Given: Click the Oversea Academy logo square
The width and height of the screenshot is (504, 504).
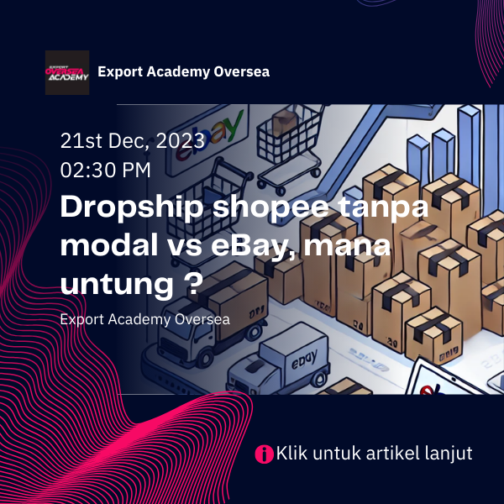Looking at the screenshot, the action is coord(67,72).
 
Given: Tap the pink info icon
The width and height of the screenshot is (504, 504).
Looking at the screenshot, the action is coord(264,454).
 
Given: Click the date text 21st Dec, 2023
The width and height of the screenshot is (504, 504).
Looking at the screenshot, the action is coord(133,141).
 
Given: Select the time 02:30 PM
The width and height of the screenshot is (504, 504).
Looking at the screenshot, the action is coord(106,170).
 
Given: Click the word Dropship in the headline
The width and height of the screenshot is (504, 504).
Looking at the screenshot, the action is coord(132,208).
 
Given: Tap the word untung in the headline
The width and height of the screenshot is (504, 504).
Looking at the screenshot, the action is coord(117,286).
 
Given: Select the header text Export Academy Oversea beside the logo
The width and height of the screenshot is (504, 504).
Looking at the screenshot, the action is coord(183,71).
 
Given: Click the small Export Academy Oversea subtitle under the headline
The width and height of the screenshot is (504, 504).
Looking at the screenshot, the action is coord(145,320).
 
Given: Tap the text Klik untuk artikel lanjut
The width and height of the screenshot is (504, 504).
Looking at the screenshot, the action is coord(374,454).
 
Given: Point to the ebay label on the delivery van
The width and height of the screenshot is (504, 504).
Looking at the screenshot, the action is coord(304,360).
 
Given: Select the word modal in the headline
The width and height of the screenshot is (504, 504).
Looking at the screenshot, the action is coord(109,247).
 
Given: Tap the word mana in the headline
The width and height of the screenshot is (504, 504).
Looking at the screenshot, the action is coord(347,247).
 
